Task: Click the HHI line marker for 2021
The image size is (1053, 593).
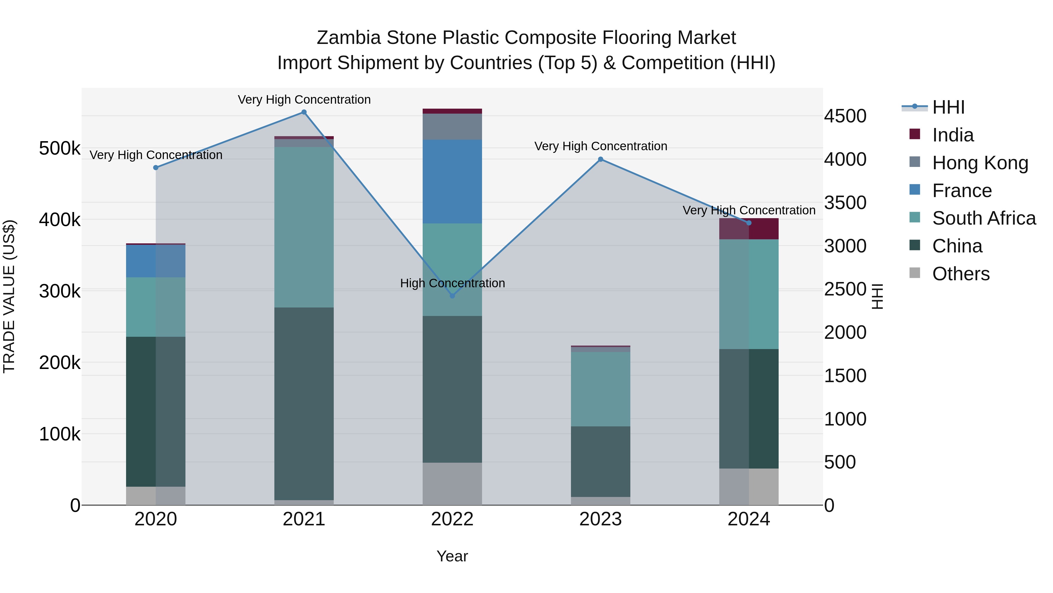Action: pos(304,112)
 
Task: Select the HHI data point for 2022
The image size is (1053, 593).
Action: pos(452,295)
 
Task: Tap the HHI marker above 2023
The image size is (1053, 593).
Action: pos(601,159)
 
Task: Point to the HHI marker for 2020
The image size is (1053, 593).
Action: pos(156,168)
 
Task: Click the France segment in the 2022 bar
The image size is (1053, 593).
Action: pos(452,181)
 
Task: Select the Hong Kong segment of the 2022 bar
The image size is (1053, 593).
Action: pos(452,127)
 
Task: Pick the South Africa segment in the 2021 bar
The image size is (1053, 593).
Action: pos(304,227)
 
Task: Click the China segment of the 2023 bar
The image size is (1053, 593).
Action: pos(601,461)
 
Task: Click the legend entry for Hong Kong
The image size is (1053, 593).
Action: pos(980,163)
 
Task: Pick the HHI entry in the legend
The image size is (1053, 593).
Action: pos(948,107)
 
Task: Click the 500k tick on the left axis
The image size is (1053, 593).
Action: pos(60,148)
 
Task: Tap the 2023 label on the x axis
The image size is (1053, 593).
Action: pos(601,519)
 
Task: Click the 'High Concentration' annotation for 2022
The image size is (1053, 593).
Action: pos(452,283)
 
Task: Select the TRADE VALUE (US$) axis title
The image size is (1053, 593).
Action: pos(9,296)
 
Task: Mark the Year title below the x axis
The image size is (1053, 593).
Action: pos(452,556)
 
